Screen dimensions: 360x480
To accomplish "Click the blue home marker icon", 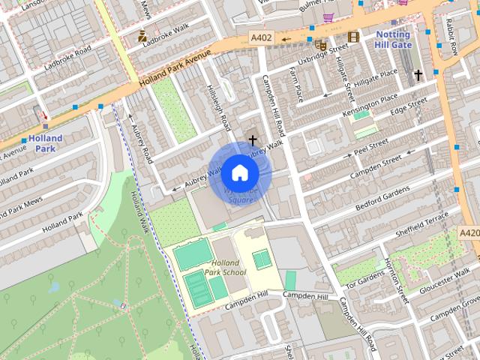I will click(x=239, y=173).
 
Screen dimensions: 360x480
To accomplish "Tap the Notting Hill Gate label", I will click(x=393, y=40).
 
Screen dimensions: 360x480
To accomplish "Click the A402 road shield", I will click(x=262, y=37).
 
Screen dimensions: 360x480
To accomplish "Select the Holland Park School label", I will click(x=225, y=268).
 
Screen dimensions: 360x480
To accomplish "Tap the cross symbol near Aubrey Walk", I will click(x=253, y=139).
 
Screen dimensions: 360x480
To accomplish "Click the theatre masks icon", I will click(x=321, y=45).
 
